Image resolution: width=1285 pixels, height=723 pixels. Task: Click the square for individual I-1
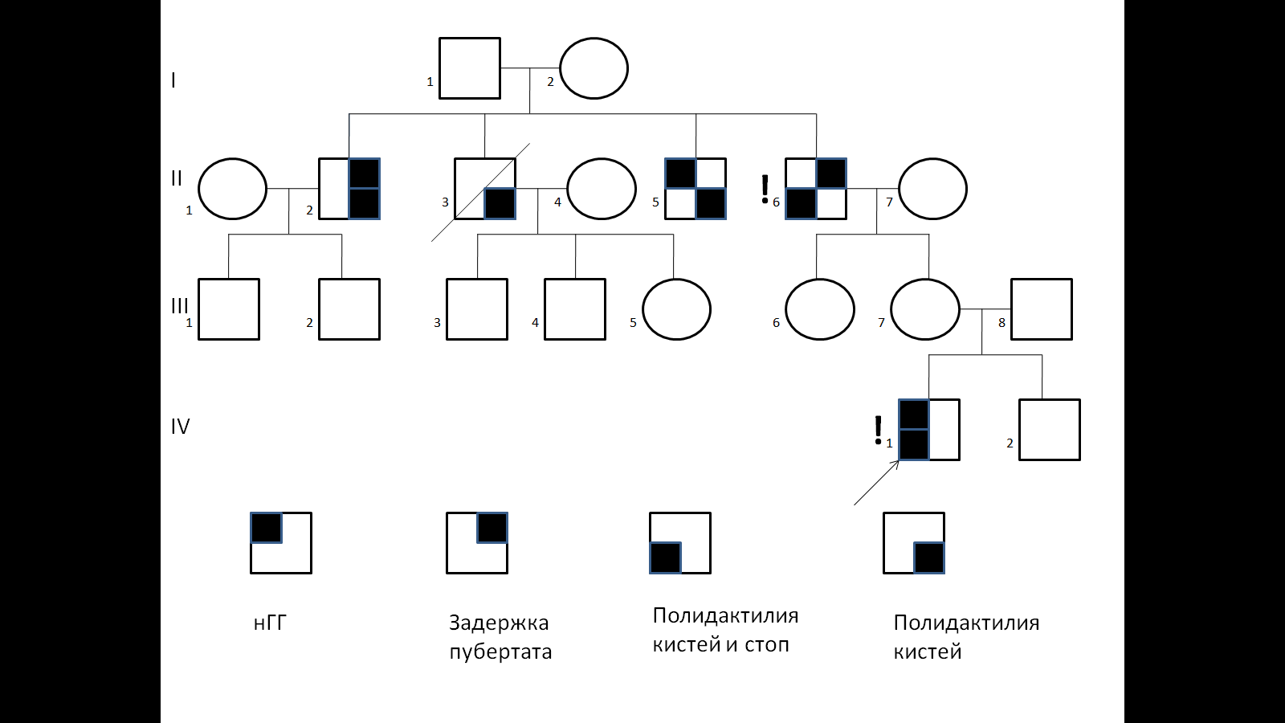[470, 68]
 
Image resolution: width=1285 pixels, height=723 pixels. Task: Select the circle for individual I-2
[594, 68]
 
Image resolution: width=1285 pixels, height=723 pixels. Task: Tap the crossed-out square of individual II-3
[485, 189]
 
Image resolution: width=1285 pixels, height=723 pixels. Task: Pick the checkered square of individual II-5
[696, 189]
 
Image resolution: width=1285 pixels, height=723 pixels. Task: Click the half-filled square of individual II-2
[349, 189]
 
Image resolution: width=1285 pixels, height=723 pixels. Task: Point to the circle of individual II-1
[232, 189]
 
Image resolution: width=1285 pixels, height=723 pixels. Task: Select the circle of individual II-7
[932, 189]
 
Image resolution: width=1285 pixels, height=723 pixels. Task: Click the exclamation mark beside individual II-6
[765, 189]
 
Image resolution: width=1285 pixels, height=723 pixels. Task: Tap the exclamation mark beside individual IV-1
[878, 431]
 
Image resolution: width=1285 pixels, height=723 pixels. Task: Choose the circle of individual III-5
[676, 309]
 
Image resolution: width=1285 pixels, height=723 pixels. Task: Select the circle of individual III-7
[925, 309]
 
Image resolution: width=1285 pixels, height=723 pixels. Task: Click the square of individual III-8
[1042, 309]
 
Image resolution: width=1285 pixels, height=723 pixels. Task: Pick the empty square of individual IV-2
[1050, 430]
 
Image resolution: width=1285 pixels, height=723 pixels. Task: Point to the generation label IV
[180, 427]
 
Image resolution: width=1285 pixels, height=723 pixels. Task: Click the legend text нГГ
[270, 623]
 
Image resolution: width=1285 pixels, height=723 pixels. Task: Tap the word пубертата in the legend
[500, 652]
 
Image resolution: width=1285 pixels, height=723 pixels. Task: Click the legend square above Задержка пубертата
[477, 543]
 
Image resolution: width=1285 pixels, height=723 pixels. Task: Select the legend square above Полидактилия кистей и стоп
[680, 543]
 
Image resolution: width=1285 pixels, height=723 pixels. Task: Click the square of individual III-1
[229, 309]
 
